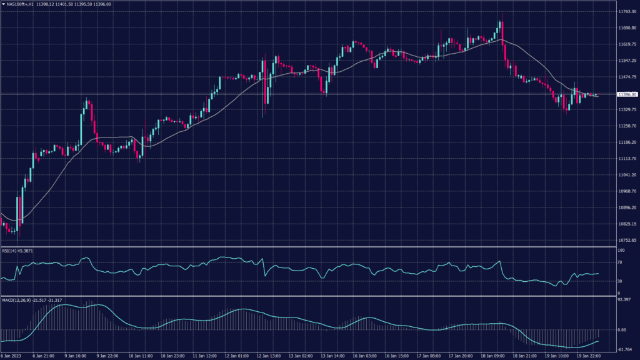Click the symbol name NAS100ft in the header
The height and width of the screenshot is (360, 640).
pos(19,4)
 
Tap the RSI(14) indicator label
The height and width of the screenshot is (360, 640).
pos(9,250)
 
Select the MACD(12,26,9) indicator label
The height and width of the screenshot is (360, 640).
pos(15,300)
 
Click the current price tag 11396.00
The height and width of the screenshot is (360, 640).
pos(626,94)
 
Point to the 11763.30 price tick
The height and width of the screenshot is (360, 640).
pos(626,12)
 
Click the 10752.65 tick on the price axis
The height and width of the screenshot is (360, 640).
pos(626,240)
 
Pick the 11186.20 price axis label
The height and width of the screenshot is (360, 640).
pos(626,142)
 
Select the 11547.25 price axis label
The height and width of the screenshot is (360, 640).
pos(626,61)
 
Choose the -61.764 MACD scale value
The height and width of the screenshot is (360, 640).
pos(625,349)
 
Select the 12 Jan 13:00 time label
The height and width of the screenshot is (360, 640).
pos(270,356)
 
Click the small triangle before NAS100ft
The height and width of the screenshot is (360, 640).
pos(3,4)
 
